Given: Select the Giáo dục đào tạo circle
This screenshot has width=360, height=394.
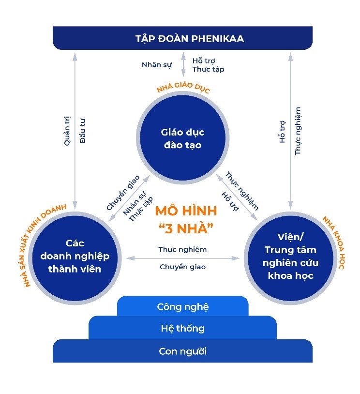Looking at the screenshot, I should pyautogui.click(x=182, y=138).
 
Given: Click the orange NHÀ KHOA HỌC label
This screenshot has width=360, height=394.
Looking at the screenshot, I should pyautogui.click(x=333, y=242).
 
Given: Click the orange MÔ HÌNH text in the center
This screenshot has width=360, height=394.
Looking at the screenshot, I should pyautogui.click(x=186, y=212).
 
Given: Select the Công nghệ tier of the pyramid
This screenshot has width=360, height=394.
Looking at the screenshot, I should pyautogui.click(x=182, y=306).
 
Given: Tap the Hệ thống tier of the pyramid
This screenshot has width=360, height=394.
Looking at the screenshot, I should pyautogui.click(x=182, y=329).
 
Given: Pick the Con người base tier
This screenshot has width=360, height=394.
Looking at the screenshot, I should pyautogui.click(x=182, y=351).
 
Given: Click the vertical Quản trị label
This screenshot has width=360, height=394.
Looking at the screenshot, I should pyautogui.click(x=67, y=130).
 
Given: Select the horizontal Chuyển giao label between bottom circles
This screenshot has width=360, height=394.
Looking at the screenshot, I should pyautogui.click(x=182, y=267).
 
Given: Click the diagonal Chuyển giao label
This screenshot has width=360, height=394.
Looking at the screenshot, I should pyautogui.click(x=123, y=192).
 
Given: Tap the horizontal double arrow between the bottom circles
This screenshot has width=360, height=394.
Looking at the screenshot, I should pyautogui.click(x=182, y=258).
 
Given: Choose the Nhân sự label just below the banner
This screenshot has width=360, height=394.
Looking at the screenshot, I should pyautogui.click(x=156, y=64).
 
